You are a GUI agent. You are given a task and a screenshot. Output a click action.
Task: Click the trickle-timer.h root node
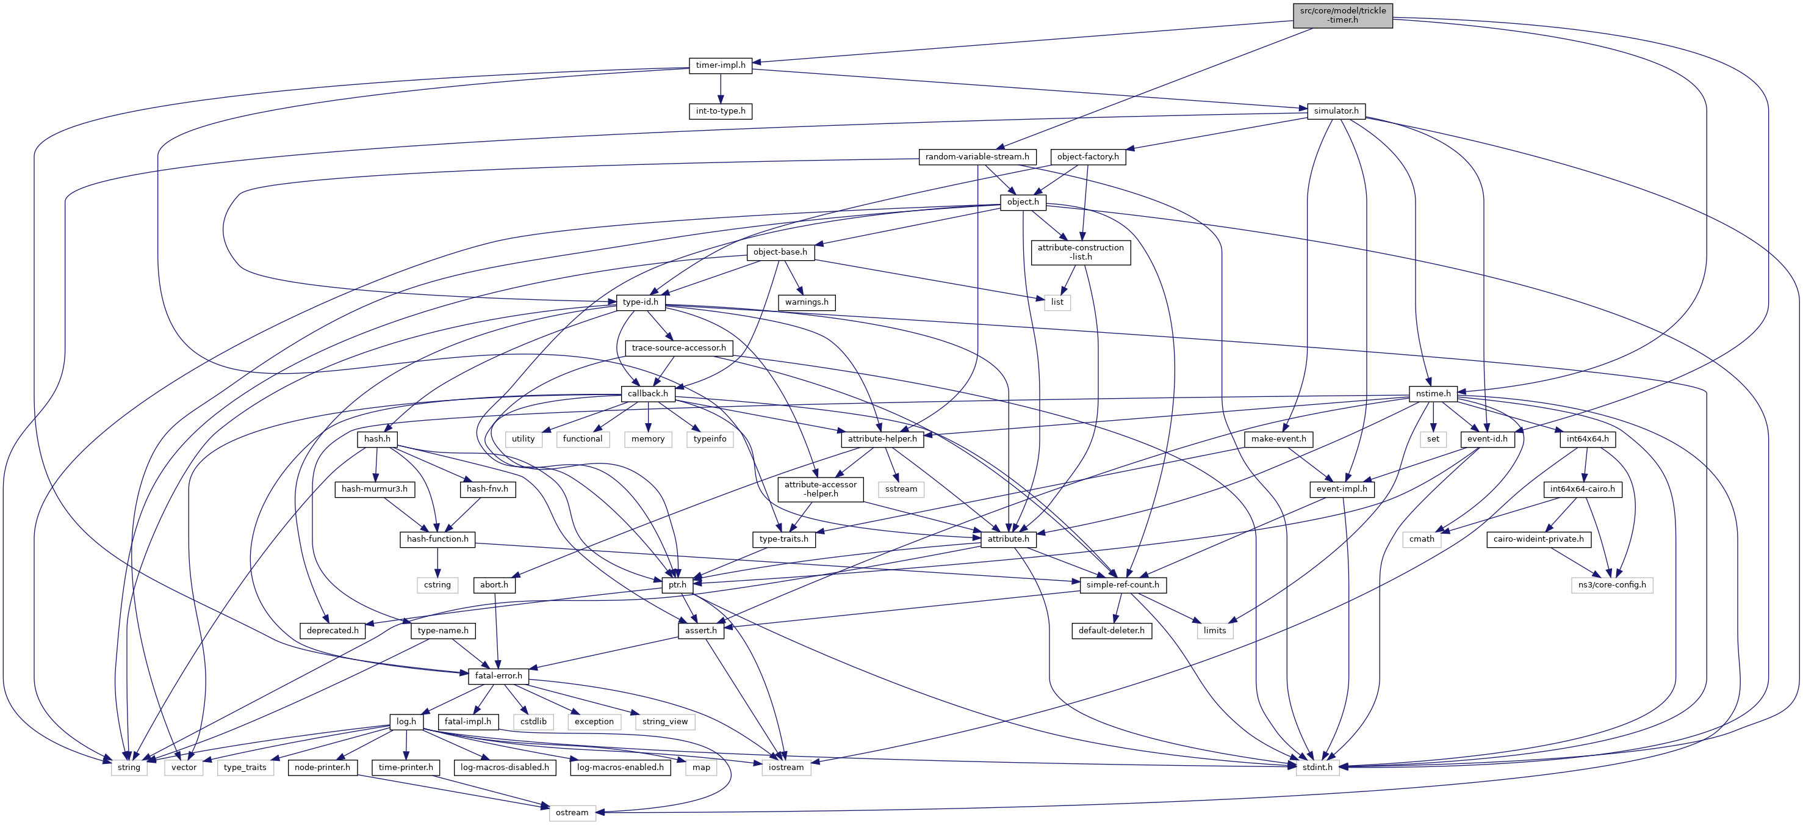pyautogui.click(x=1342, y=15)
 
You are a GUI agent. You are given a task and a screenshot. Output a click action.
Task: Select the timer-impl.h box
pyautogui.click(x=720, y=65)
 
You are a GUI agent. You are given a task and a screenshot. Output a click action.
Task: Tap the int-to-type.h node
pyautogui.click(x=720, y=111)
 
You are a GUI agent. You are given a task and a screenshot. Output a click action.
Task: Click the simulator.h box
pyautogui.click(x=1336, y=111)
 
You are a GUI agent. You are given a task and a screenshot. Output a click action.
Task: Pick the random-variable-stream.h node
pyautogui.click(x=976, y=157)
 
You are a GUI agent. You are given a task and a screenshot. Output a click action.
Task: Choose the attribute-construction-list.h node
pyautogui.click(x=1080, y=252)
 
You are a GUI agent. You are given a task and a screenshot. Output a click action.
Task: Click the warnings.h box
pyautogui.click(x=806, y=302)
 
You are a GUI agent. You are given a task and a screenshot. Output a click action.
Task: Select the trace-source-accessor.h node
pyautogui.click(x=678, y=348)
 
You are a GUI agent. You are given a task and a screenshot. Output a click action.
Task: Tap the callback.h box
pyautogui.click(x=647, y=394)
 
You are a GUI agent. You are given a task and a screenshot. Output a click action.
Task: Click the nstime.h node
pyautogui.click(x=1433, y=394)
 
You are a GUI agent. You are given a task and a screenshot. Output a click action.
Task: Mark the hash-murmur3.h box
pyautogui.click(x=374, y=489)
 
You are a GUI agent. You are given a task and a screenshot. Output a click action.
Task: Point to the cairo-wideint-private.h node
pyautogui.click(x=1538, y=539)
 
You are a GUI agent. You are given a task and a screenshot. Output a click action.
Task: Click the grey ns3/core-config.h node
pyautogui.click(x=1612, y=585)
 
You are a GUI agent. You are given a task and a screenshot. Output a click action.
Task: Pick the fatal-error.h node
pyautogui.click(x=498, y=676)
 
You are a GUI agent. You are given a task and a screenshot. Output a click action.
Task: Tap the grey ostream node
pyautogui.click(x=572, y=812)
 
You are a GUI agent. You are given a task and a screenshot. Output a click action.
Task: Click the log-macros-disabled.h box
pyautogui.click(x=504, y=768)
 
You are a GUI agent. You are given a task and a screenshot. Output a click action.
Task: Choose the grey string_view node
pyautogui.click(x=664, y=721)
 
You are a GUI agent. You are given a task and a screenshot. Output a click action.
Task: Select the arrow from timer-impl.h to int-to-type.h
pyautogui.click(x=720, y=89)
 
